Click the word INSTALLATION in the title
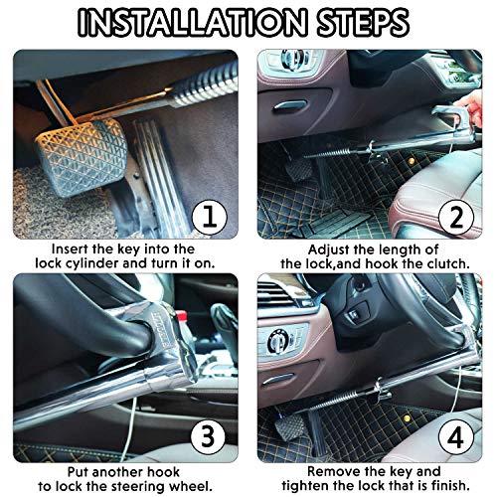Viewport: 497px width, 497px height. pos(192,23)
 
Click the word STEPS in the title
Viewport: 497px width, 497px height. pos(363,23)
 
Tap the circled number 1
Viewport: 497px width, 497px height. pos(210,217)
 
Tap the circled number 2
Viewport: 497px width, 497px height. pos(456,217)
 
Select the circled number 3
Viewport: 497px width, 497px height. pos(209,436)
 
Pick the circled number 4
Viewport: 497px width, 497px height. pos(456,437)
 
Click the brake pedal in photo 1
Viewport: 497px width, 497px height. pos(82,157)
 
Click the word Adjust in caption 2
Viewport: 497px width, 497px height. pos(329,249)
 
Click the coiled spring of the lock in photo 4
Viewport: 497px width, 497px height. pos(340,400)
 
